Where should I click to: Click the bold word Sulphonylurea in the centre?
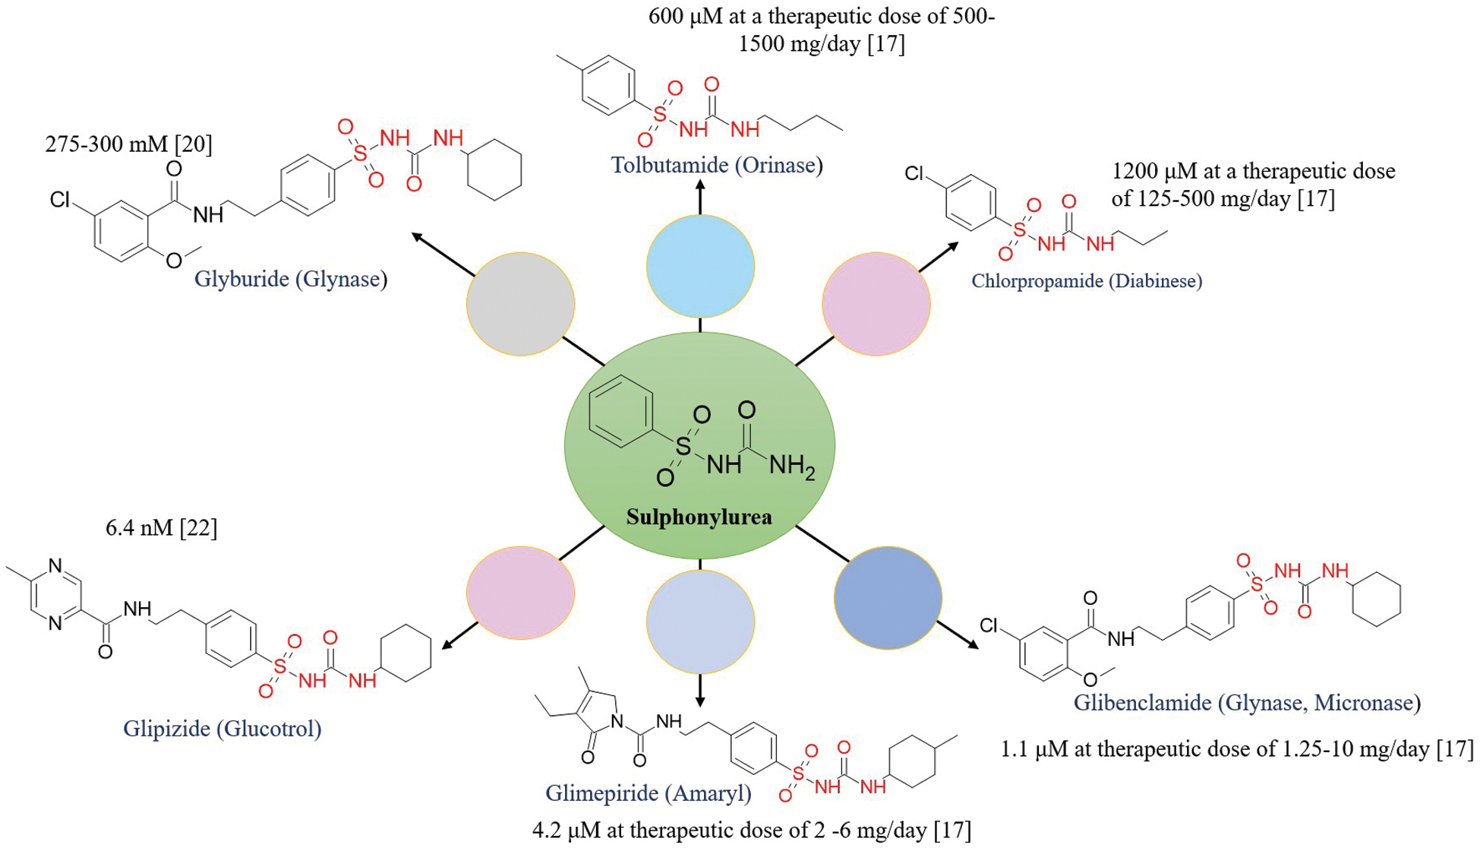[699, 517]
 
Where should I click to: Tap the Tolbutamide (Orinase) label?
[717, 165]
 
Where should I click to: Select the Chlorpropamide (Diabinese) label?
[1086, 281]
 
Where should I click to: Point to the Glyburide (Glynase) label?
[291, 279]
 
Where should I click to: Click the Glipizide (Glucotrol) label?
[222, 729]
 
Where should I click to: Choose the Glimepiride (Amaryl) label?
[648, 793]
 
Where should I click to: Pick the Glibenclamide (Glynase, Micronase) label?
[1246, 703]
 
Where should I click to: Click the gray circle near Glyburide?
[520, 304]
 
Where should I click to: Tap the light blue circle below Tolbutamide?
[700, 266]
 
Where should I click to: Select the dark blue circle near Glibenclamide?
[888, 598]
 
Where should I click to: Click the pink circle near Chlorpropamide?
[876, 304]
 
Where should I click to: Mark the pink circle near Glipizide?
[520, 593]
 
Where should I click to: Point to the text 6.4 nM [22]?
[161, 528]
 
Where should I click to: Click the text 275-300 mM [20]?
[128, 144]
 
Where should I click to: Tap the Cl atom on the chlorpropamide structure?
[915, 174]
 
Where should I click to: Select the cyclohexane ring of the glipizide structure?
[406, 653]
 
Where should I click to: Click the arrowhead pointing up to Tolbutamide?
[700, 185]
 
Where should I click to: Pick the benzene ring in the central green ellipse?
[620, 411]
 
